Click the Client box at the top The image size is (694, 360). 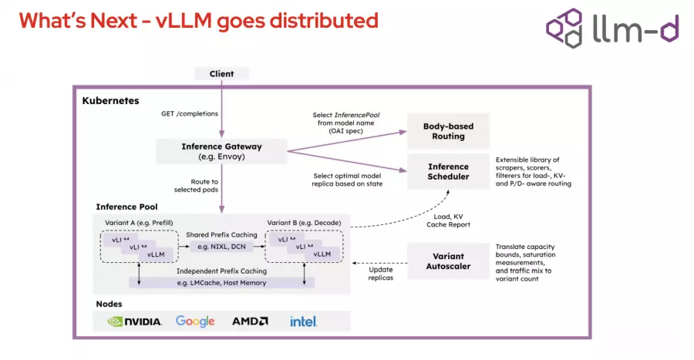[x=221, y=74]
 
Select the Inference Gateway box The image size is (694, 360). [x=221, y=151]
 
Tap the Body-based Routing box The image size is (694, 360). [x=448, y=131]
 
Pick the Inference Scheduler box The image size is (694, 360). [x=448, y=171]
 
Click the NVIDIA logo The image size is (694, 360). [x=135, y=321]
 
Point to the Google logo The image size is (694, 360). [x=195, y=321]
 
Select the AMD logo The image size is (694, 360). [x=250, y=321]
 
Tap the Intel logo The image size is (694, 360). [x=303, y=321]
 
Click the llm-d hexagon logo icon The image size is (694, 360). [x=564, y=29]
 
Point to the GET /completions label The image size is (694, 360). [x=189, y=114]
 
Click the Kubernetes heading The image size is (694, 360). [x=110, y=101]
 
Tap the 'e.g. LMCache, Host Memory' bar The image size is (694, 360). [x=221, y=283]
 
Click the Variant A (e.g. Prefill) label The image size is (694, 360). [x=139, y=223]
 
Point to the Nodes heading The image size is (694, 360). [x=109, y=303]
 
